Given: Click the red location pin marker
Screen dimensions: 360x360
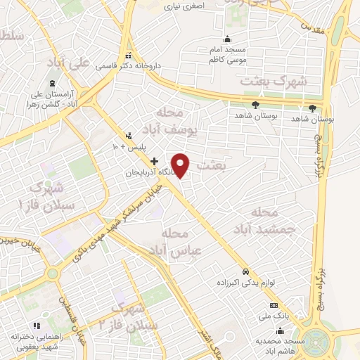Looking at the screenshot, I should (x=181, y=164).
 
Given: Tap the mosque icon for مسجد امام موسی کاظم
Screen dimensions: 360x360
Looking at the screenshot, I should (x=226, y=39).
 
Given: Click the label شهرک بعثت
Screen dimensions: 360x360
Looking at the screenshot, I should (x=274, y=82).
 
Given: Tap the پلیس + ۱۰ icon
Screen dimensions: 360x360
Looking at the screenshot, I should (x=127, y=136).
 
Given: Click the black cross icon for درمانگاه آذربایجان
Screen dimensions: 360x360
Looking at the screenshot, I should (x=155, y=162).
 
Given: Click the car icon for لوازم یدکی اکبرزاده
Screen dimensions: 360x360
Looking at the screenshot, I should (x=245, y=271).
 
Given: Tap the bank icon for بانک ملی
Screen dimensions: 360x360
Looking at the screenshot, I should (x=274, y=305).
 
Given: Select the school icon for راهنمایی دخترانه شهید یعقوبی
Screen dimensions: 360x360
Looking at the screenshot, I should (x=37, y=325).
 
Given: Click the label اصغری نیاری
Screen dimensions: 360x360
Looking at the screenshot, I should (x=185, y=6).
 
